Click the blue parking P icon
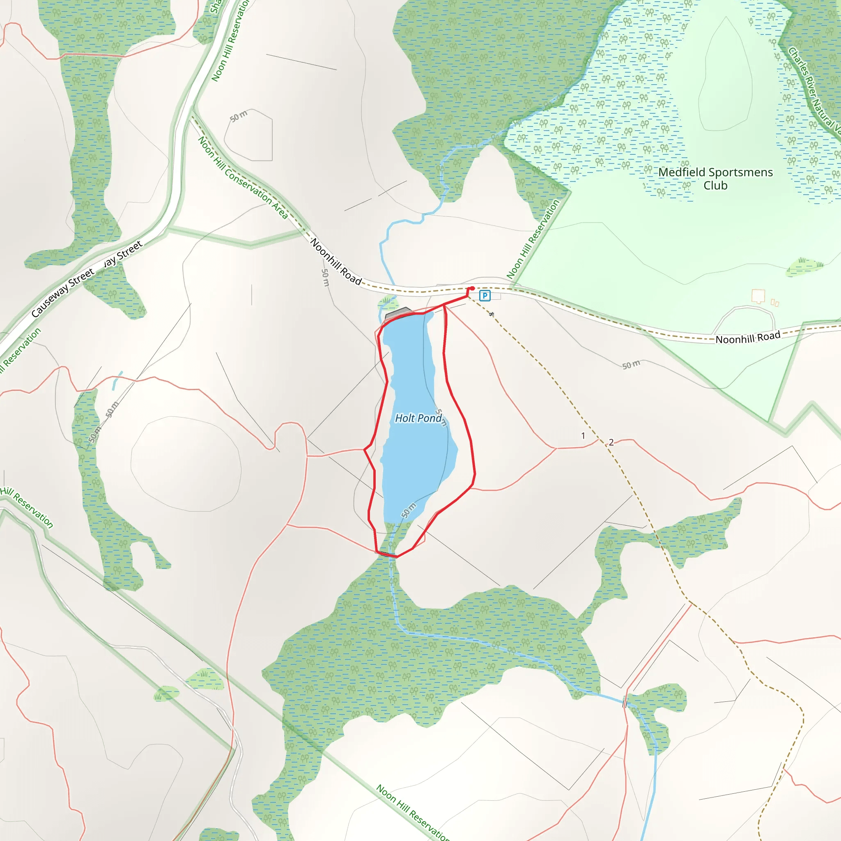(485, 296)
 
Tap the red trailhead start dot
(472, 288)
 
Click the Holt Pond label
(418, 418)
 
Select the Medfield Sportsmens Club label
(715, 179)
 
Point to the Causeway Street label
(63, 292)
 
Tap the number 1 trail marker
(583, 436)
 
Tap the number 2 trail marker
(611, 442)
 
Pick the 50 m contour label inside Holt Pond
(409, 510)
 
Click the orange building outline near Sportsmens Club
(758, 296)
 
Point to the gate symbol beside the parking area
(492, 314)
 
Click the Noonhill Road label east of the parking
(748, 338)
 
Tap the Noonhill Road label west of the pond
(336, 262)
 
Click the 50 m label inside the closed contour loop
(239, 116)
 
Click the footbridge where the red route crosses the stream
(386, 554)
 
